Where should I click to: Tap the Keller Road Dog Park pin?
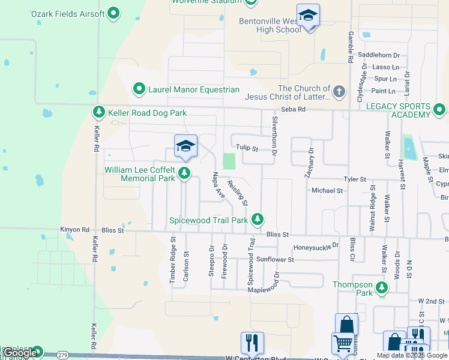[99, 113]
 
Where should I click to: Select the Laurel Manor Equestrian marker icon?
[139, 90]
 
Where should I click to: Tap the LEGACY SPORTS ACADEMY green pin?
[439, 110]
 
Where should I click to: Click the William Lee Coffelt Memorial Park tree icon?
[185, 174]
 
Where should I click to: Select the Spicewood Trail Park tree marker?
[258, 220]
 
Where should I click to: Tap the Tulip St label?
[246, 148]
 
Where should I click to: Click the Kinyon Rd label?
[74, 230]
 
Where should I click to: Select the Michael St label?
[327, 190]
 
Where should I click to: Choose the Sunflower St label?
[275, 260]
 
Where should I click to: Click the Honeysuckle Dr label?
[316, 247]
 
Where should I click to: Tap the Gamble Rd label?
[350, 47]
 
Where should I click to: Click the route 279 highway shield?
[63, 355]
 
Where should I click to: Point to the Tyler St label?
[354, 179]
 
